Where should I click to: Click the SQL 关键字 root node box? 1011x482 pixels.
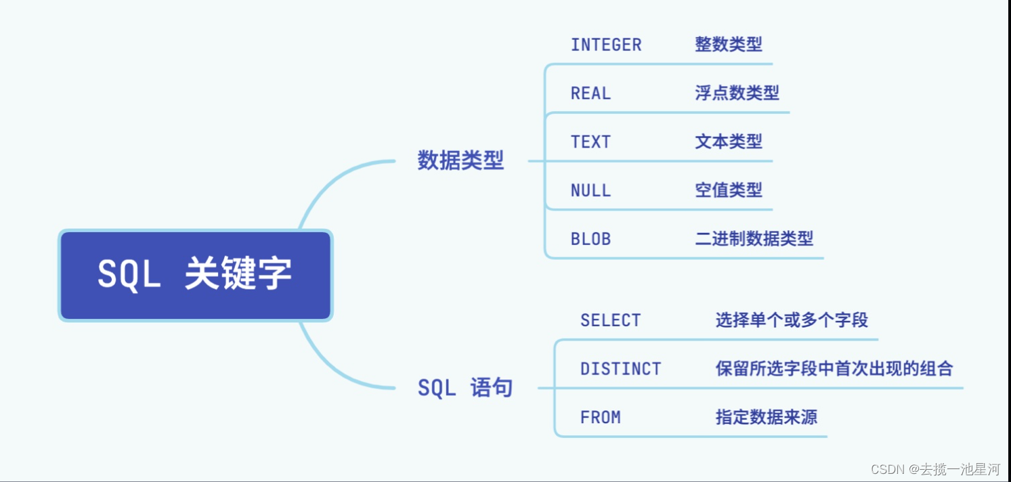point(195,275)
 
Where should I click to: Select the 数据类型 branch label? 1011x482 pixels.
point(460,161)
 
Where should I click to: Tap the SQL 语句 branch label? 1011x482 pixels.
point(465,388)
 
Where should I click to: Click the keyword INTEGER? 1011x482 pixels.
point(605,45)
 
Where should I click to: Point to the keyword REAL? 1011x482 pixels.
point(590,93)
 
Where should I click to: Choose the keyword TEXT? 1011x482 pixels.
point(590,142)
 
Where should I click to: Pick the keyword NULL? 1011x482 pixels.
point(590,190)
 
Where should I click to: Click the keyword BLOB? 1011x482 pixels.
point(590,239)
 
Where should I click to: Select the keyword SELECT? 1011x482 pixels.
point(610,320)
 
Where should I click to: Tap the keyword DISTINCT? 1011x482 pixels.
point(620,369)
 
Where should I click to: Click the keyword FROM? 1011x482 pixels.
point(600,417)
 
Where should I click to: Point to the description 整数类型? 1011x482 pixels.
point(728,45)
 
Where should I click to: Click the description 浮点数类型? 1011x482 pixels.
point(737,93)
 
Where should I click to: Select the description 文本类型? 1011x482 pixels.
point(728,141)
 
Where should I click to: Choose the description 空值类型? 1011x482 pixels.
point(728,190)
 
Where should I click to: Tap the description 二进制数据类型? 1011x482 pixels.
point(754,238)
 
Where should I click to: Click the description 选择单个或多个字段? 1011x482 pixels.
point(792,320)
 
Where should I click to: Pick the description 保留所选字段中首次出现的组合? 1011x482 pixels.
point(834,368)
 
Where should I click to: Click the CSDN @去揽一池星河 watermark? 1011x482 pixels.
point(935,468)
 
